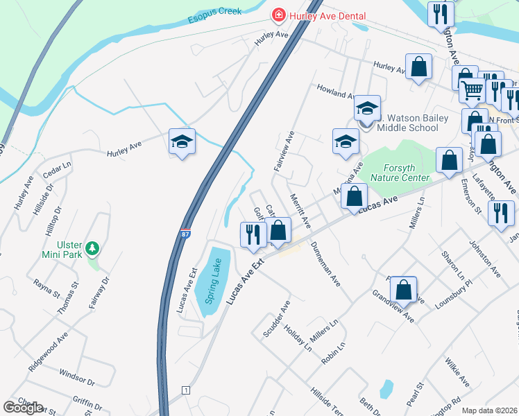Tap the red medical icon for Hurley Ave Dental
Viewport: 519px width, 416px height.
coord(278,15)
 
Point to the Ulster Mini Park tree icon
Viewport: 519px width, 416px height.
coord(92,248)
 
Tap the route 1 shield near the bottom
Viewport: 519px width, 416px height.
coord(185,390)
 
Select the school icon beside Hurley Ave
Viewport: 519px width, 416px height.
coord(182,142)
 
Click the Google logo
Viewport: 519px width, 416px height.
coord(23,408)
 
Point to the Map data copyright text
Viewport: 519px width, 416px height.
coord(490,410)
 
